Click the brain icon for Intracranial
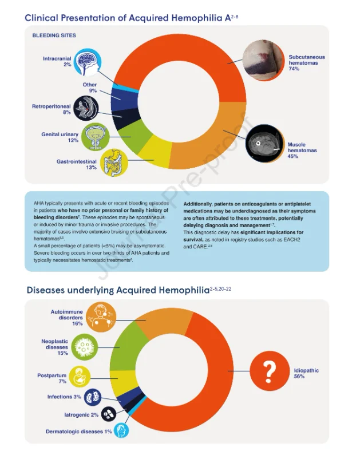tap(87, 62)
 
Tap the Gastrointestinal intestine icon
tap(114, 163)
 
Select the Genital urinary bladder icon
tap(95, 137)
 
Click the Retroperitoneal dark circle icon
tap(86, 108)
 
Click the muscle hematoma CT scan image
tap(265, 144)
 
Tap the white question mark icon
tap(270, 371)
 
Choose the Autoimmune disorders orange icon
tap(101, 317)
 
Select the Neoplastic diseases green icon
tap(84, 347)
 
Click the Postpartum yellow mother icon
tap(80, 377)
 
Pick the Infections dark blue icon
tap(93, 397)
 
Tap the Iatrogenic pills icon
tap(109, 414)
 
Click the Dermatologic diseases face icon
tap(121, 430)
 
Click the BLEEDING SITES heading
tap(54, 35)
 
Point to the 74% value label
tap(294, 69)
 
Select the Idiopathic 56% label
tap(306, 373)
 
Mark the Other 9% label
tap(90, 88)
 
